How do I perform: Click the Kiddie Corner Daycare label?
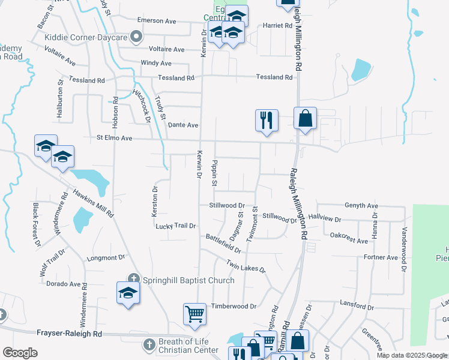coord(86,37)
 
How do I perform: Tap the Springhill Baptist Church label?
coord(188,280)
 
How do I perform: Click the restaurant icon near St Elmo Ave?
coord(266,120)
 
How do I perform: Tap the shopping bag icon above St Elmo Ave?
coord(305,118)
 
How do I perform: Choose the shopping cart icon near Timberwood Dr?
coord(194,314)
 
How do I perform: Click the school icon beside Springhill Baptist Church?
coord(128,293)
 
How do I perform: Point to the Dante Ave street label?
coord(183,125)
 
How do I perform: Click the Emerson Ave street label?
coord(156,20)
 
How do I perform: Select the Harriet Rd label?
coord(277,26)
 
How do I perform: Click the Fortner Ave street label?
coord(381,257)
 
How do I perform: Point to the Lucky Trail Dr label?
coord(176,226)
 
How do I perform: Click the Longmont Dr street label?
coord(106,257)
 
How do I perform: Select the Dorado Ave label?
coord(63,284)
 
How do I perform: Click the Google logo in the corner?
coord(20,352)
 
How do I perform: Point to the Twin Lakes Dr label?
coord(246,265)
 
